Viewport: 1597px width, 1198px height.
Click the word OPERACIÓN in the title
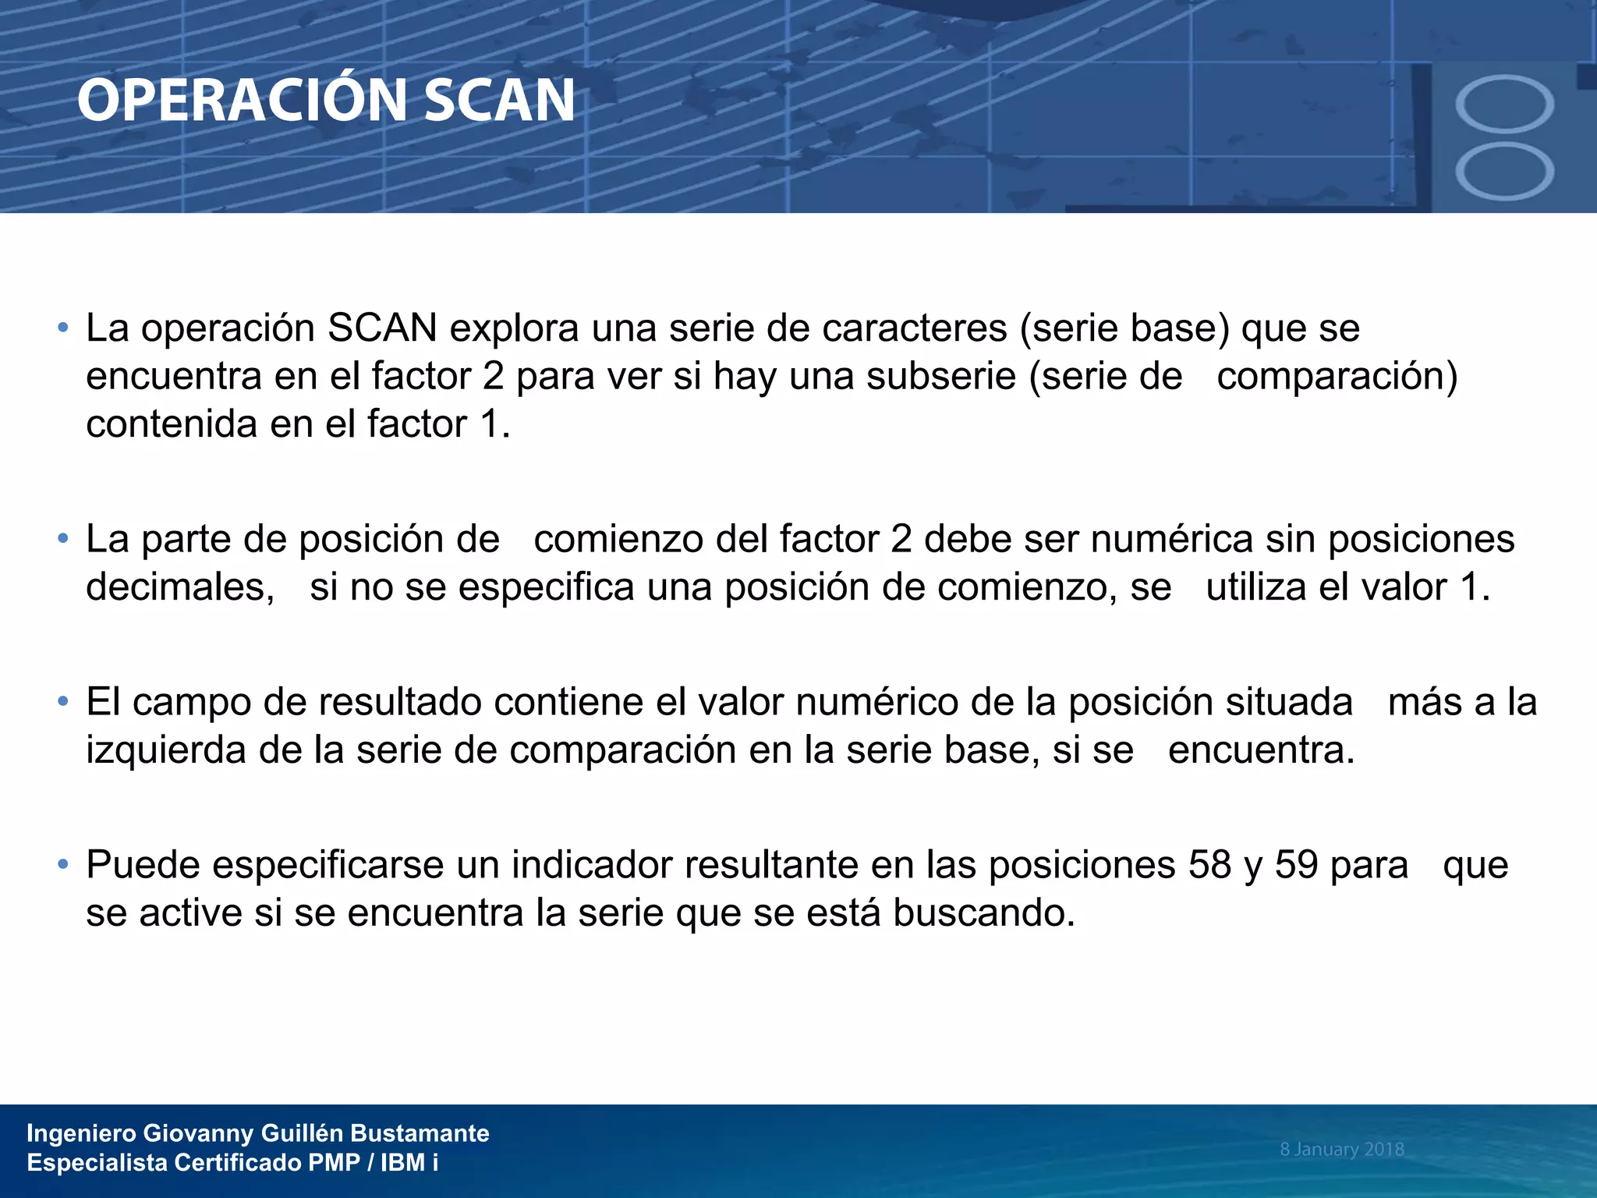(x=243, y=101)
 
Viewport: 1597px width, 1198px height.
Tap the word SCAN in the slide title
(x=499, y=101)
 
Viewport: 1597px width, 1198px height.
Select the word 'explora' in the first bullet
(x=514, y=328)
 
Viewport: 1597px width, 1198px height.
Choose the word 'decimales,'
(x=180, y=587)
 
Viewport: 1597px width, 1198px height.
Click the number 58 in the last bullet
(x=1209, y=865)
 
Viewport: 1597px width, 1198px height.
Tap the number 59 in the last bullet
(x=1296, y=865)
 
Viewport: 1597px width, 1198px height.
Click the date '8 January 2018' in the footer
(x=1341, y=1149)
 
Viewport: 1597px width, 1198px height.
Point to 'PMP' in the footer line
(x=334, y=1163)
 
